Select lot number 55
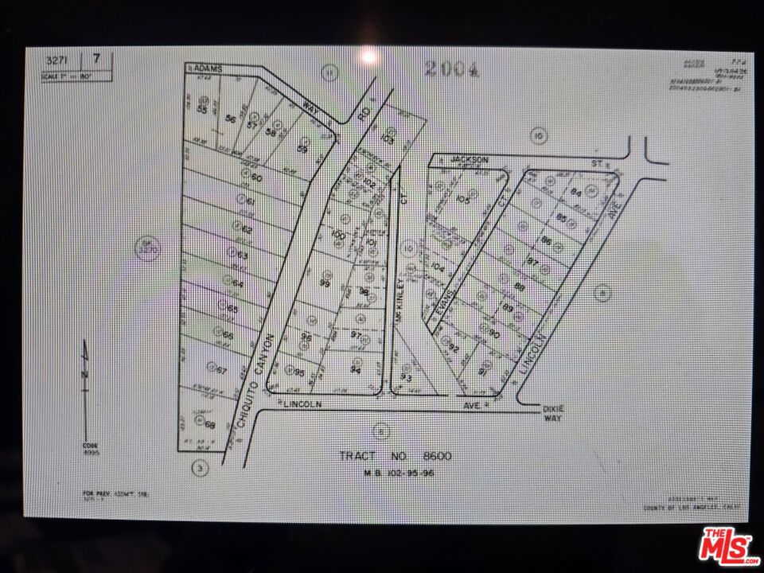tap(201, 111)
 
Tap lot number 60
tap(256, 177)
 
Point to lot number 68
tap(210, 424)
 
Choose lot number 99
tap(325, 283)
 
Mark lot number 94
tap(356, 370)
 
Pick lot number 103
tap(388, 138)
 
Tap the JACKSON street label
tap(468, 160)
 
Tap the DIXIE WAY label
tap(553, 412)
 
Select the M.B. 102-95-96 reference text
tap(396, 472)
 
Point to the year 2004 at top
tap(451, 69)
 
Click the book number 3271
tap(55, 59)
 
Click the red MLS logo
tap(725, 547)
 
